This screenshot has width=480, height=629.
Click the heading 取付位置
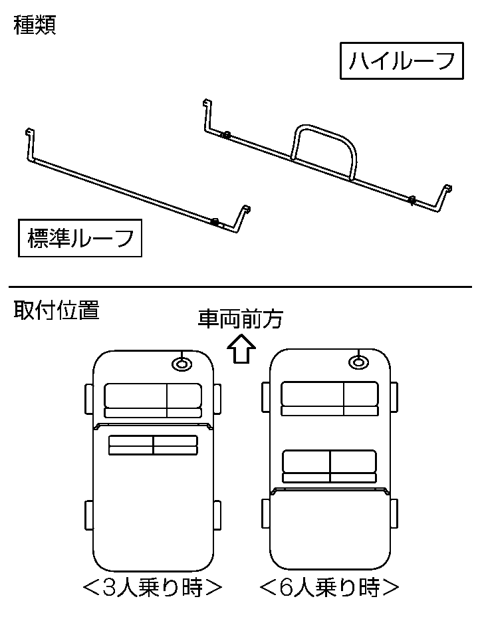[x=56, y=311]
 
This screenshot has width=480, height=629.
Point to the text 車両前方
[x=240, y=319]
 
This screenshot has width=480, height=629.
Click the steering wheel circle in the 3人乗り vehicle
[x=181, y=363]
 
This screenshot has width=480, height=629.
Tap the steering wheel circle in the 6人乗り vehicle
[x=358, y=362]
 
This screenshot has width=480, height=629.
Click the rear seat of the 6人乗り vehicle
[x=330, y=465]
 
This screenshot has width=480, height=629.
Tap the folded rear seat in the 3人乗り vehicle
[x=153, y=445]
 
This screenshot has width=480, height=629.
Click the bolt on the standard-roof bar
[x=215, y=221]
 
